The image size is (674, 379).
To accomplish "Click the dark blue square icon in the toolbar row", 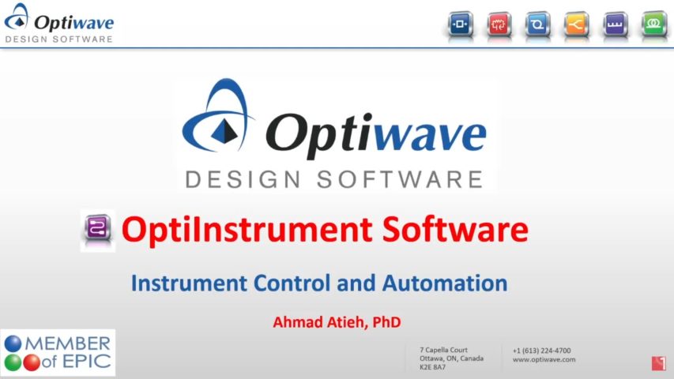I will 461,24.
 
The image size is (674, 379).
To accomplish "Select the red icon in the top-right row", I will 499,24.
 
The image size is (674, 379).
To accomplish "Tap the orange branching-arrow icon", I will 577,24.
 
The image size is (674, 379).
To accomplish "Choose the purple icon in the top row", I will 616,24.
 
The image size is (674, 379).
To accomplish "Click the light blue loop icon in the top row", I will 538,24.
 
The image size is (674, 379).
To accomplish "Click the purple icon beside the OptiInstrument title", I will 98,230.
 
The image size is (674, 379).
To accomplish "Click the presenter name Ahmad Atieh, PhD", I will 337,322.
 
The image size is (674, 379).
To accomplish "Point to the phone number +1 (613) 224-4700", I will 541,351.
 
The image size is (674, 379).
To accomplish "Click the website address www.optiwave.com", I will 544,359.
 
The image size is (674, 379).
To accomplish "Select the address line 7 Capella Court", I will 443,350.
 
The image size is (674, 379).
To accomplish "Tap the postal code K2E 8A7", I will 432,367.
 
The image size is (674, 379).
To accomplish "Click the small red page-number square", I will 658,363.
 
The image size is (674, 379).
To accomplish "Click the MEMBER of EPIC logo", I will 58,353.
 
